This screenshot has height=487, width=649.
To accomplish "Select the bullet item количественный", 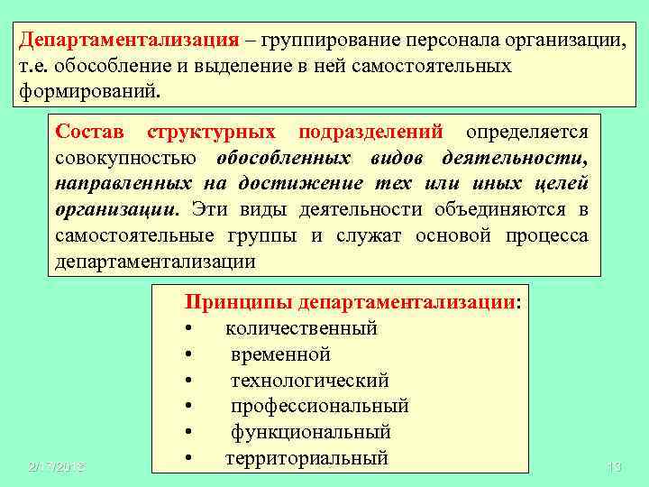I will coord(301,328).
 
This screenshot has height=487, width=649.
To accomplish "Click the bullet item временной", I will coord(280,354).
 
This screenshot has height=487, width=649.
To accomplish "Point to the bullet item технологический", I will coord(309,381).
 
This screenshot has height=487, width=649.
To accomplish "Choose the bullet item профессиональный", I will coord(319,406).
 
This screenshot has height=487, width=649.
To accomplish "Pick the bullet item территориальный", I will coord(306,458).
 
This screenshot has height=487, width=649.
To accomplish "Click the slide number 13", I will coord(616,466).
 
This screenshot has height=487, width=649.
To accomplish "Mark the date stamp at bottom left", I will coord(55,466).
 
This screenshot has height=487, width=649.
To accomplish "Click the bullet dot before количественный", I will coord(188,328).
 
